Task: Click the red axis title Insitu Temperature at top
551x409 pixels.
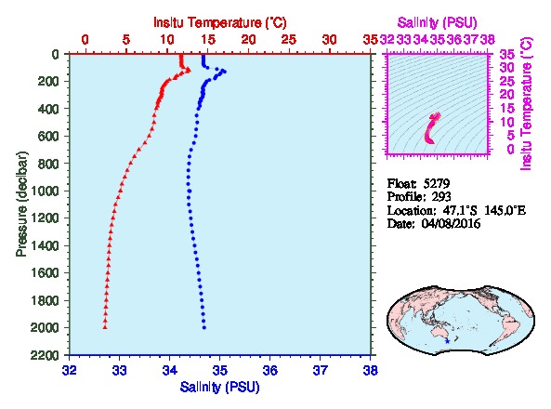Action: pyautogui.click(x=220, y=23)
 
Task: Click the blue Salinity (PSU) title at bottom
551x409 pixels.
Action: pyautogui.click(x=219, y=387)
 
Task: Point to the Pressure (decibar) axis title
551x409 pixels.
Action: pyautogui.click(x=21, y=204)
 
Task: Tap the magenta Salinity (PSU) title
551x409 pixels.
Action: pyautogui.click(x=437, y=23)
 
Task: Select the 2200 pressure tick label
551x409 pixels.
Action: pyautogui.click(x=45, y=355)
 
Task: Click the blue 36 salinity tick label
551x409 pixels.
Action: pyautogui.click(x=269, y=370)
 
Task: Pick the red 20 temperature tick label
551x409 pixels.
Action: pyautogui.click(x=248, y=39)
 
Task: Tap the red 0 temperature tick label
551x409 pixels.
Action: pyautogui.click(x=85, y=39)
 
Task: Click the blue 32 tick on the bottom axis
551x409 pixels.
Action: pyautogui.click(x=70, y=370)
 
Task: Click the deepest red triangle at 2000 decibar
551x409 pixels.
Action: pyautogui.click(x=105, y=327)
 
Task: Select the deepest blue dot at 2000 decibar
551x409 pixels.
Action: pyautogui.click(x=204, y=328)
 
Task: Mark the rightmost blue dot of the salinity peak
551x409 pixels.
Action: pyautogui.click(x=225, y=72)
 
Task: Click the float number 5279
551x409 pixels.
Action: pyautogui.click(x=437, y=183)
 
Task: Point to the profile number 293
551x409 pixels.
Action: pyautogui.click(x=441, y=196)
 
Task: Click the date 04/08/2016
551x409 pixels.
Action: pyautogui.click(x=451, y=224)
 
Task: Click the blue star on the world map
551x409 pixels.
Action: pyautogui.click(x=447, y=341)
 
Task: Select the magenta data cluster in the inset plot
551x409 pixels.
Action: pyautogui.click(x=430, y=128)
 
